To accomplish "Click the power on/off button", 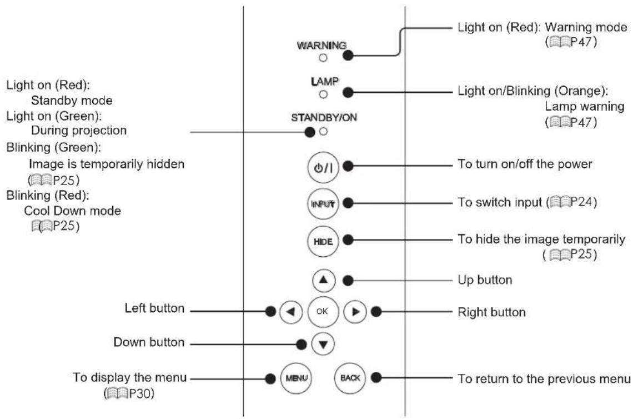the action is coord(323,167).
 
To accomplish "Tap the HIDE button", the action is coord(323,241).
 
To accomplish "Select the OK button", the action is coord(323,312).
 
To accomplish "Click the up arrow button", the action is coord(323,280).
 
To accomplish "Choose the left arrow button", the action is coord(290,312).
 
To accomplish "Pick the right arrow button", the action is coord(355,312).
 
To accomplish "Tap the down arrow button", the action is coord(323,344).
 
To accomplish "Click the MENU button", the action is coord(297,378).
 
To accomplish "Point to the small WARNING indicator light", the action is coord(323,58).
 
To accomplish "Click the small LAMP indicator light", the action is coord(323,94).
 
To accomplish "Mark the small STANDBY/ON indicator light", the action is coord(323,131).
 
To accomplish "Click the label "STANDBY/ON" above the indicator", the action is coord(324,118).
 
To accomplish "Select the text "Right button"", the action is coord(491,312).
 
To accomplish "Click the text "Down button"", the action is coord(149,342).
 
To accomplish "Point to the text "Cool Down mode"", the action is coord(72,211).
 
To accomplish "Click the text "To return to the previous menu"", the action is coord(544,378).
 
